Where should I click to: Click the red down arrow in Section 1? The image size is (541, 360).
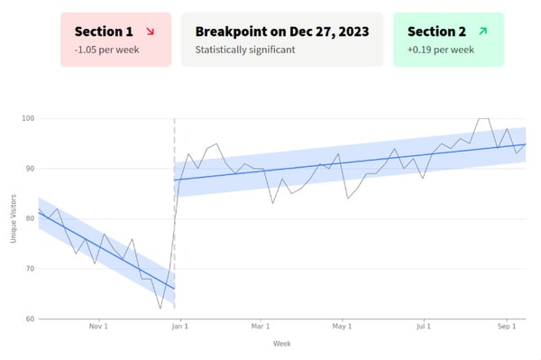tap(149, 32)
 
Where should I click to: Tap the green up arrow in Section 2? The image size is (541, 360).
tap(482, 32)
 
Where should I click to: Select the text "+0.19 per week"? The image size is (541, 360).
tap(441, 50)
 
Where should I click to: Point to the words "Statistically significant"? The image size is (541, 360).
tap(245, 50)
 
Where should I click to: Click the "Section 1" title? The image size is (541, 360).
tap(104, 32)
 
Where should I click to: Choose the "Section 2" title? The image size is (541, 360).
tap(437, 32)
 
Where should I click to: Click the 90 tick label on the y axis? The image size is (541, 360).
tap(29, 169)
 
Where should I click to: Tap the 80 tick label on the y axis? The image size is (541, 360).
tap(29, 218)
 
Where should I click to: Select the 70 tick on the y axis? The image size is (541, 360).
tap(29, 269)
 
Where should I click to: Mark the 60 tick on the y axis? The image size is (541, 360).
tap(29, 318)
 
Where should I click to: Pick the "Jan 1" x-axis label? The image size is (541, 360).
tap(180, 327)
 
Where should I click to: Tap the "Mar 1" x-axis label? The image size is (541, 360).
tap(261, 327)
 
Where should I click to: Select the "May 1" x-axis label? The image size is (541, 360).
tap(342, 327)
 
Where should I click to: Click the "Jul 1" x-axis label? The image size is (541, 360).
tap(425, 327)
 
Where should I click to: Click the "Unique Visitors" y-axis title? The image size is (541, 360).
tap(14, 219)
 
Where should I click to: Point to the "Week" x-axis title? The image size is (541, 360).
tap(281, 344)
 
